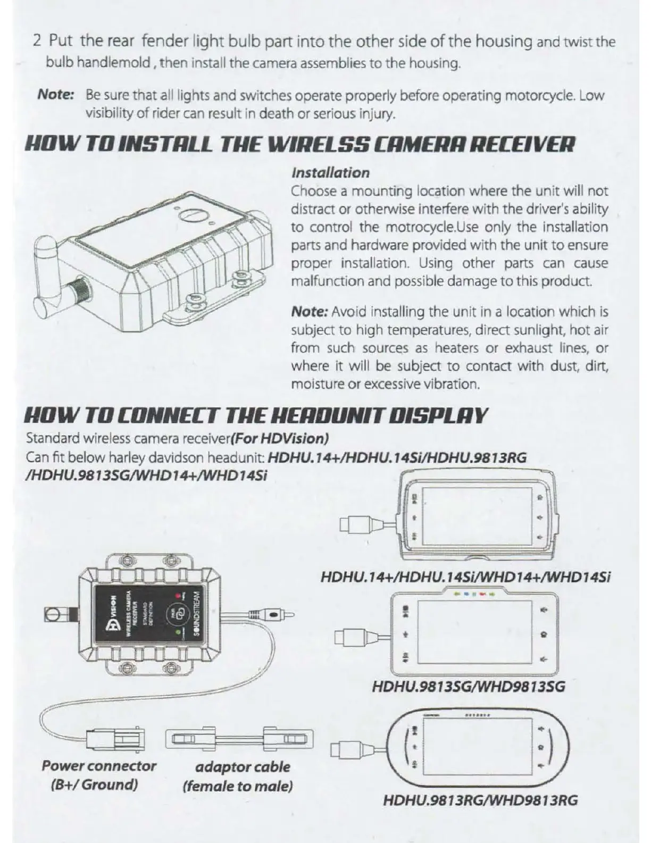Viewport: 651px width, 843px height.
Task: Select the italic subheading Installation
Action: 330,172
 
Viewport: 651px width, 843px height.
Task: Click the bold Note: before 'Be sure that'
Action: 55,95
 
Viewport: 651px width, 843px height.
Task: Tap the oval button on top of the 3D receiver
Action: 192,215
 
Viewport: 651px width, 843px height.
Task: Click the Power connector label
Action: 99,766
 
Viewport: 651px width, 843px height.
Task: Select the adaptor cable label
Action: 243,767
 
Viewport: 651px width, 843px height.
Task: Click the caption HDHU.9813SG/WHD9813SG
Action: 469,687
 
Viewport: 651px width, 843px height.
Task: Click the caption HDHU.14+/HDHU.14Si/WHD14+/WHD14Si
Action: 466,577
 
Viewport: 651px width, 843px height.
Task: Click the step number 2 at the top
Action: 37,41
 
